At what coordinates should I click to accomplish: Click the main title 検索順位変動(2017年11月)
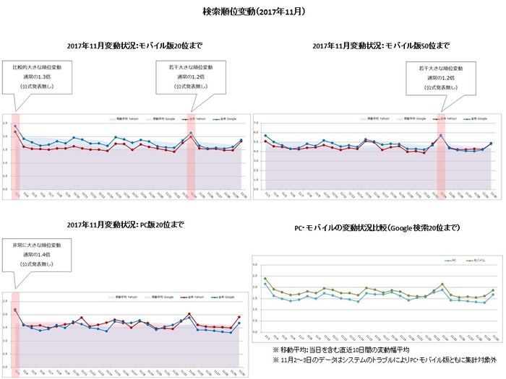click(x=253, y=12)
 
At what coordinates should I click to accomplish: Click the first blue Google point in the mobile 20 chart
click(x=15, y=126)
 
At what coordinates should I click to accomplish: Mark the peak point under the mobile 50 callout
click(x=440, y=135)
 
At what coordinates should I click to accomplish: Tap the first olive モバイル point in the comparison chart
click(x=265, y=279)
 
